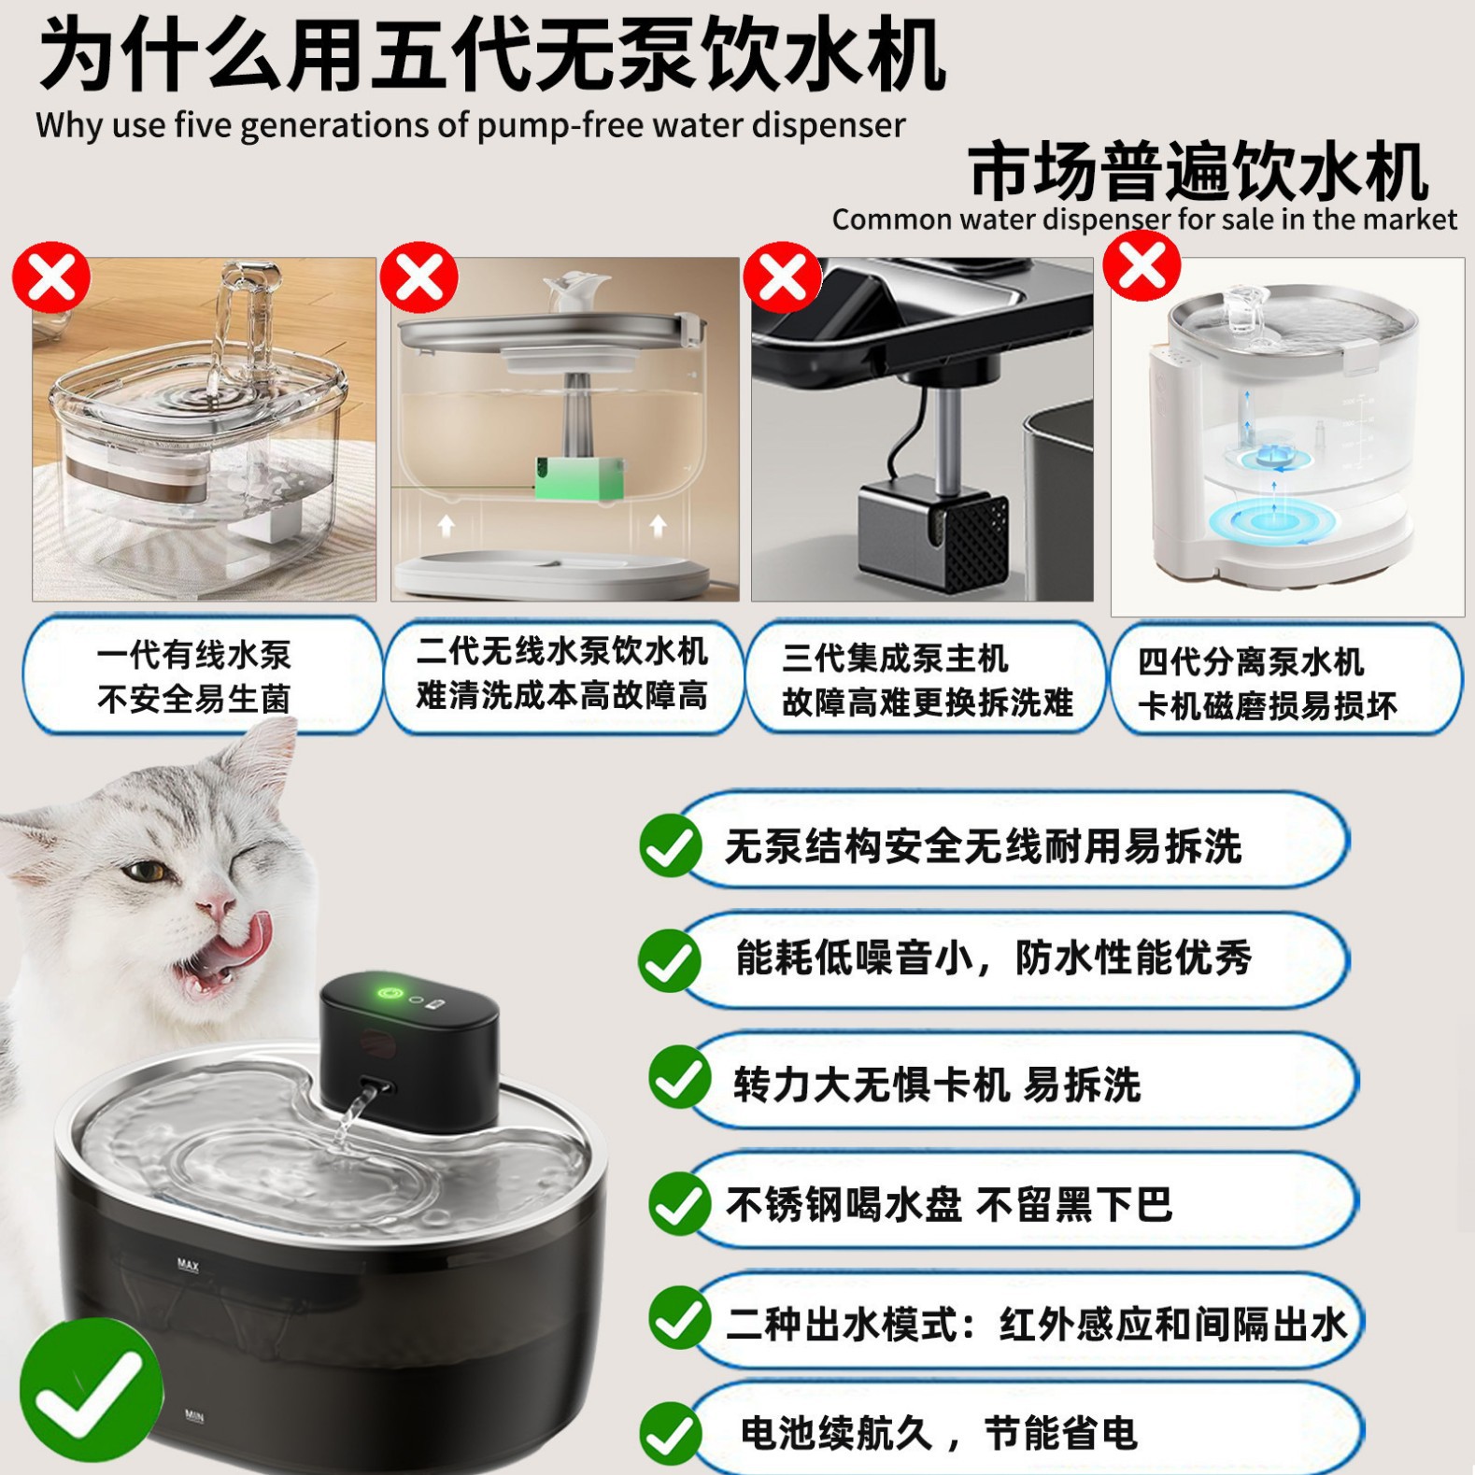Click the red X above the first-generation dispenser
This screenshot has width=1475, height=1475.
(51, 277)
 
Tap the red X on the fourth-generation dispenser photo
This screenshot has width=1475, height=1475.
(1142, 266)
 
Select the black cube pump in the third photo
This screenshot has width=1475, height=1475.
(933, 532)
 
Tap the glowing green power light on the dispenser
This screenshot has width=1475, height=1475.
(391, 992)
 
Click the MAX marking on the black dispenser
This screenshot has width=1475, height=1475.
(188, 1265)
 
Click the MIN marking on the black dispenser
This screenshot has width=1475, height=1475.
(194, 1416)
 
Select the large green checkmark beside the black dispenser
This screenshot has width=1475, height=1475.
(91, 1390)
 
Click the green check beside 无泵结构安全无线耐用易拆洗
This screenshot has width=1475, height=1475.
(671, 844)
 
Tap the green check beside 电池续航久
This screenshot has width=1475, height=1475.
(671, 1434)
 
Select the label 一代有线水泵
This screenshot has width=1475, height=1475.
(193, 655)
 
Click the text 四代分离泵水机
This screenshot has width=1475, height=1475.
(1251, 661)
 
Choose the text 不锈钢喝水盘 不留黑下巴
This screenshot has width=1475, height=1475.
(948, 1204)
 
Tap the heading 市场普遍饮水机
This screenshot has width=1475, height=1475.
(1198, 171)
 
